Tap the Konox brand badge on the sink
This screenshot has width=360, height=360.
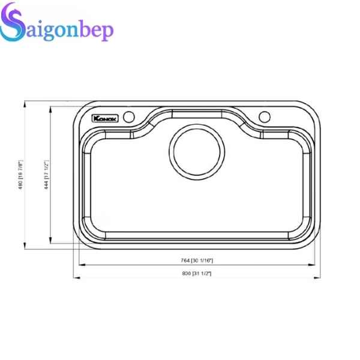(x=105, y=118)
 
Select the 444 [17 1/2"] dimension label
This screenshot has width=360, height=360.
(x=46, y=175)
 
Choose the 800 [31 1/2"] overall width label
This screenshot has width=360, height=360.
(x=196, y=273)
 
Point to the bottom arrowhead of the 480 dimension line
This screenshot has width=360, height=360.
(x=25, y=246)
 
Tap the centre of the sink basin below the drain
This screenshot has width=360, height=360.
(x=197, y=204)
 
